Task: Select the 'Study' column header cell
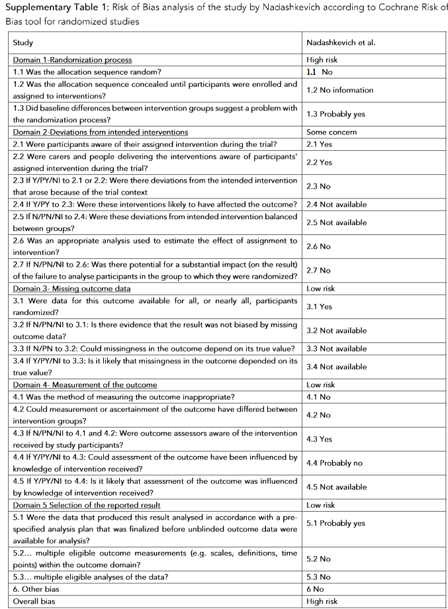tap(24, 42)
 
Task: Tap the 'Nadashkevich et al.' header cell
tap(340, 42)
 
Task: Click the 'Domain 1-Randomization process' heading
tap(73, 60)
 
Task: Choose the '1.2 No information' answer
tap(340, 90)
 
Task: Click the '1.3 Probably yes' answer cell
tap(336, 114)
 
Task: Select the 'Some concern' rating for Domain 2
tap(332, 132)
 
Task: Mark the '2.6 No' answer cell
tap(319, 246)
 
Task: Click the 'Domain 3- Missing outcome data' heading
tap(72, 289)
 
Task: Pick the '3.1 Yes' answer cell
tap(320, 307)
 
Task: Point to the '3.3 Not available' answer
tap(337, 348)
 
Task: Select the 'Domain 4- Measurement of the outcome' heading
tap(85, 385)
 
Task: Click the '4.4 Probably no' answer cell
tap(335, 463)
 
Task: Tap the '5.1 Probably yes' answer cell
tap(336, 523)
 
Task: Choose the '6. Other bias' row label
tap(36, 589)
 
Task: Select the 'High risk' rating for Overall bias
tap(322, 601)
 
